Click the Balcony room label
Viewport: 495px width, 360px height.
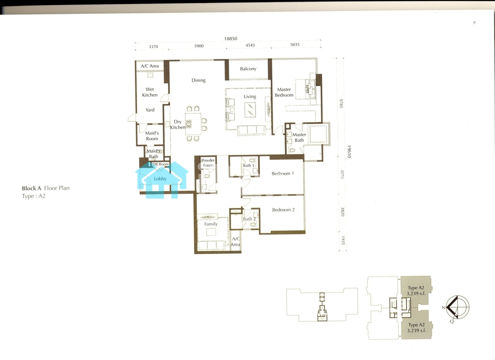248,69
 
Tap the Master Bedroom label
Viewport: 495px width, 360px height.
284,92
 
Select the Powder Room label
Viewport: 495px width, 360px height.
208,162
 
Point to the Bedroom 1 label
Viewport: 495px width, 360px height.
283,173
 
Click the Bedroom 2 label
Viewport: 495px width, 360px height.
284,209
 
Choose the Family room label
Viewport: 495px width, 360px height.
211,224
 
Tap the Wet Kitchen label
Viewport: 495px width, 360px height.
149,92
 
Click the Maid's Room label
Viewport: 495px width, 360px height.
152,136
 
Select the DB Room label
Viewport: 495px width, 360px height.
161,164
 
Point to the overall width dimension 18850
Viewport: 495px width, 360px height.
231,39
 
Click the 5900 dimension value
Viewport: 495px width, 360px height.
199,46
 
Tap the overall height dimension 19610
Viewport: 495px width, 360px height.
349,152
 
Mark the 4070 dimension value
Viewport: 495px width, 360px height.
342,174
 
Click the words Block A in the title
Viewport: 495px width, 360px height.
31,188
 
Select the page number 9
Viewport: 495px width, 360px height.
474,22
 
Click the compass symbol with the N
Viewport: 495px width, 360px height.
457,308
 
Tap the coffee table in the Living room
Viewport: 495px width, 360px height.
250,110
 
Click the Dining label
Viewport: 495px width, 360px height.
198,80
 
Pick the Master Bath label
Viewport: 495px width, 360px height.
299,137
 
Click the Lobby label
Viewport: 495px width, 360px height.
160,179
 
